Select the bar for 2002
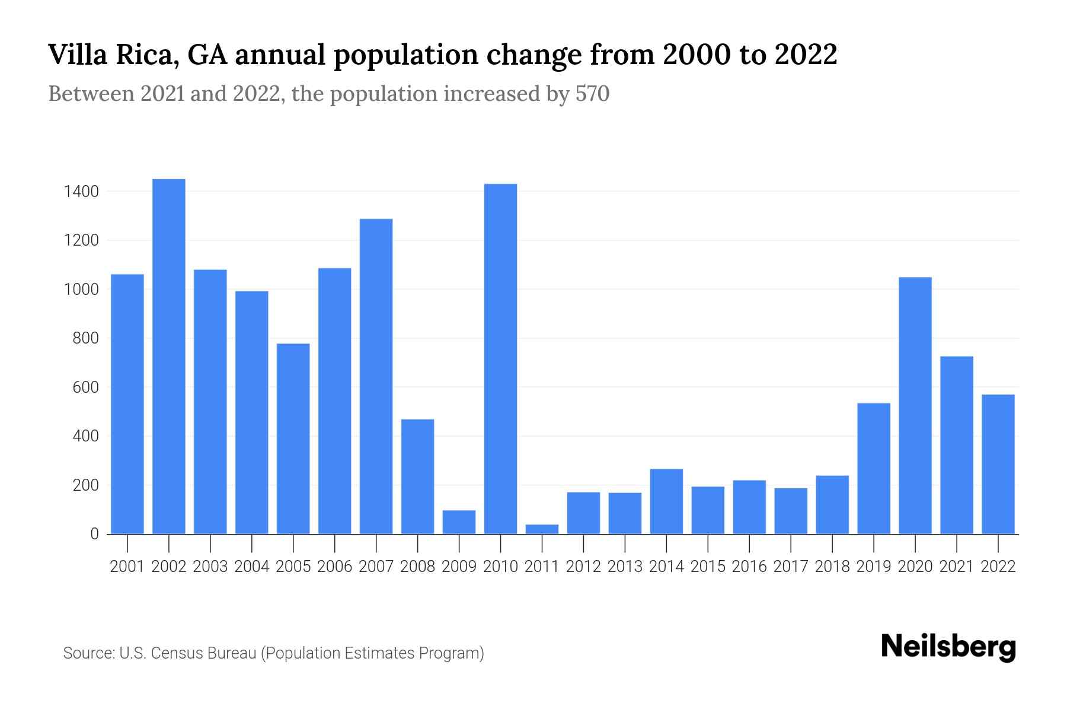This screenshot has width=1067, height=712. coord(169,356)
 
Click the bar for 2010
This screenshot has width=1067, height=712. coord(500,359)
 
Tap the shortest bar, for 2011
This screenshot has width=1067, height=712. coord(542,529)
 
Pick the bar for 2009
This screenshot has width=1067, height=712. coord(459,522)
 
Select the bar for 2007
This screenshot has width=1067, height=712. coord(376,376)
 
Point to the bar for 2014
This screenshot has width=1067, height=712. coord(666,501)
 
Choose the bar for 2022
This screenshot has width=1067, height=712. coord(998,464)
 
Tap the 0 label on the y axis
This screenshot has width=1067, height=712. coord(94,534)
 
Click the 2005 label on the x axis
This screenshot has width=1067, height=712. coord(293,567)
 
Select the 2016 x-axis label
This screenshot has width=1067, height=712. coord(749,567)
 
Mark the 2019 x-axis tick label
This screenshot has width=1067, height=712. coord(874,567)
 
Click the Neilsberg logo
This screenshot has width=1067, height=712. coord(948,647)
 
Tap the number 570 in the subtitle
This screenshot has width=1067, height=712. coord(592,94)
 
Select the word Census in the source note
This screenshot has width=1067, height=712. coord(176,653)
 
